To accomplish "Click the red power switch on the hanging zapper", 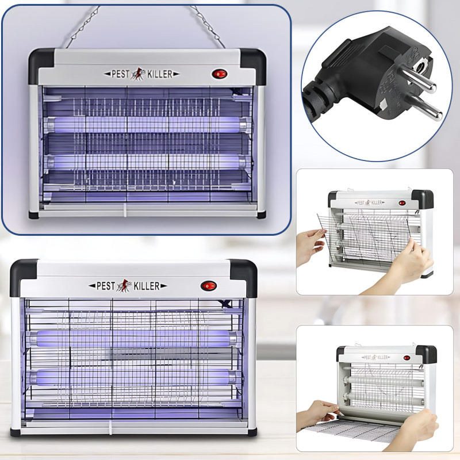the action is [220, 74].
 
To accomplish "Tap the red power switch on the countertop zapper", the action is [209, 286].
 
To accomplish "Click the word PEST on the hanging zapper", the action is [120, 74].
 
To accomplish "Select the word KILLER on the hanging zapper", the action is [160, 74].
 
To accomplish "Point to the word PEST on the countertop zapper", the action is [106, 286].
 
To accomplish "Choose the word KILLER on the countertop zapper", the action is [147, 286].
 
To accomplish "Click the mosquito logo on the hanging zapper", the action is [138, 74].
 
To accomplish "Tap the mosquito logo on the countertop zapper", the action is [124, 286].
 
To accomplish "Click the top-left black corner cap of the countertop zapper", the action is [23, 277].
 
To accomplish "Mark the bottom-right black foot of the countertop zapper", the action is [252, 432].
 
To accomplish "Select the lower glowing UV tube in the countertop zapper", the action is [133, 377].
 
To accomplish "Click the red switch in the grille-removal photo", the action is [402, 203].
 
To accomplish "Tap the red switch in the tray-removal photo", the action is [407, 358].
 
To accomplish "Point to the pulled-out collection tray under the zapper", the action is [352, 430].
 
